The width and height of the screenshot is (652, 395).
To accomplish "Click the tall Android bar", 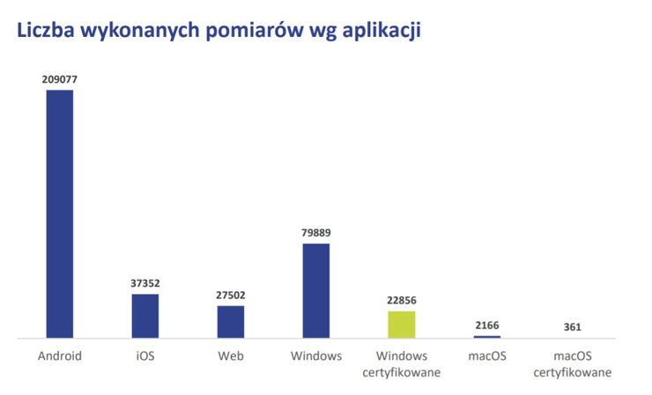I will point(60,214).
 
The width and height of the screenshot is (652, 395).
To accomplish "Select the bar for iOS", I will point(145,316).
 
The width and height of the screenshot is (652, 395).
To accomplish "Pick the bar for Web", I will point(231,322).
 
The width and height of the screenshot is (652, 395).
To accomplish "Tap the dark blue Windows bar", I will point(315,290).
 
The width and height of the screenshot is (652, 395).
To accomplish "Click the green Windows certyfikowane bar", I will point(401,325).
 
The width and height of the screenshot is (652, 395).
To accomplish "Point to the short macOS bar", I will point(486,337).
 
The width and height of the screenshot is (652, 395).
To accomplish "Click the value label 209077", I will point(60,79).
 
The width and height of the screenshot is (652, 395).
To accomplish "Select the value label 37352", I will point(145,283).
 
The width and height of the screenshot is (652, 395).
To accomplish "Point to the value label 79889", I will point(315,233).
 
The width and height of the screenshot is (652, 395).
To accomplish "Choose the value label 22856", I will point(401,301).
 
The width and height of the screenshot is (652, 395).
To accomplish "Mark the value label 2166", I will point(486,326).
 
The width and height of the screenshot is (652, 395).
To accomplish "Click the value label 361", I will point(572,328).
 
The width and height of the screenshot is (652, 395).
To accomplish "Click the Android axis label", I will point(60,356).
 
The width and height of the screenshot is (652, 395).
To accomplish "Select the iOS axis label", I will point(145,356).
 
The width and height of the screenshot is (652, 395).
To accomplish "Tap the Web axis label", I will point(231,356).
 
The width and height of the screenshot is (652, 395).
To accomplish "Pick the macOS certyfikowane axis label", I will point(572,364).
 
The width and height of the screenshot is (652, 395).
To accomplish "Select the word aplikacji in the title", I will point(381,32).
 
